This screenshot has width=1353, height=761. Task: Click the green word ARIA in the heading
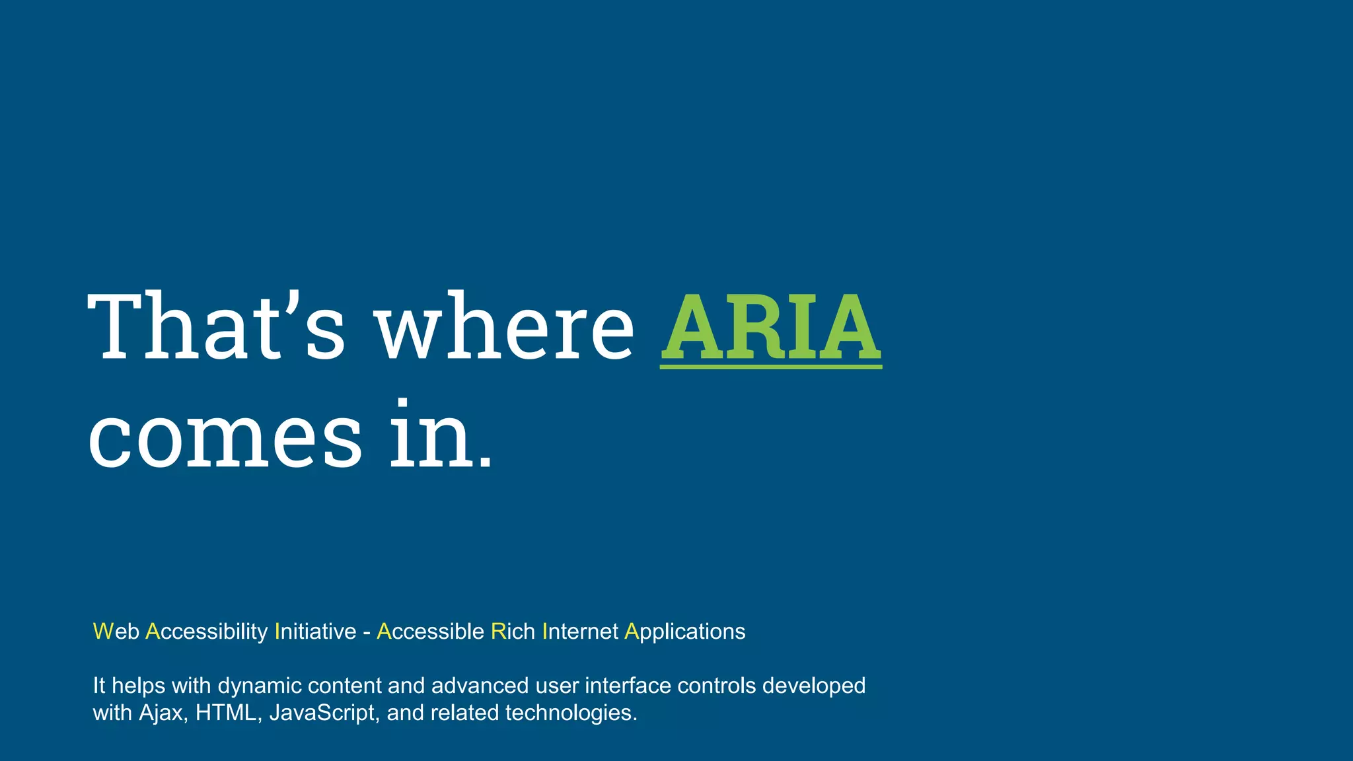770,328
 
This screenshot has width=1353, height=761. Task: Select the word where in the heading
505,328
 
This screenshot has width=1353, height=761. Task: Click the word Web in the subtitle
116,632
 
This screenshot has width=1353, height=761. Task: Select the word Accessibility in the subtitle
206,632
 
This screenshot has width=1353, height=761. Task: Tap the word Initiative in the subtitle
315,632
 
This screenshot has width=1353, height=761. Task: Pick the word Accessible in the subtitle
430,632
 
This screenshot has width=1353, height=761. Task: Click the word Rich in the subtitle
513,632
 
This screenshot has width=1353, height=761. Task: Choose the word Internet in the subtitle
580,632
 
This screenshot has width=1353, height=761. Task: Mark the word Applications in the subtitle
684,632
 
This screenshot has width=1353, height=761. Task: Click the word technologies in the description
571,713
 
